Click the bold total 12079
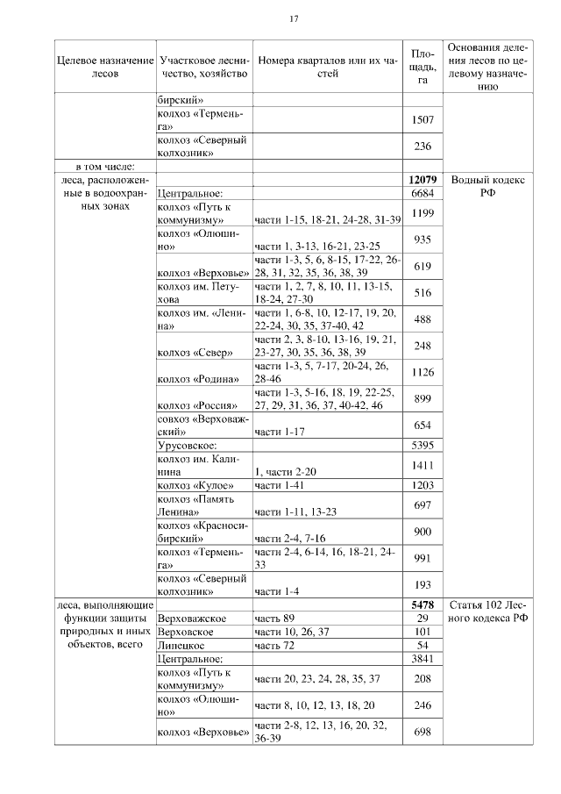tap(422, 179)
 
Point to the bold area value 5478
tap(422, 605)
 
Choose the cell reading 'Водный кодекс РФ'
tap(487, 185)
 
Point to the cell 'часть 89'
tap(274, 619)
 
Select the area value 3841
tap(422, 658)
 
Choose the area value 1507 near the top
tap(422, 120)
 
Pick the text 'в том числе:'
tap(103, 166)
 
